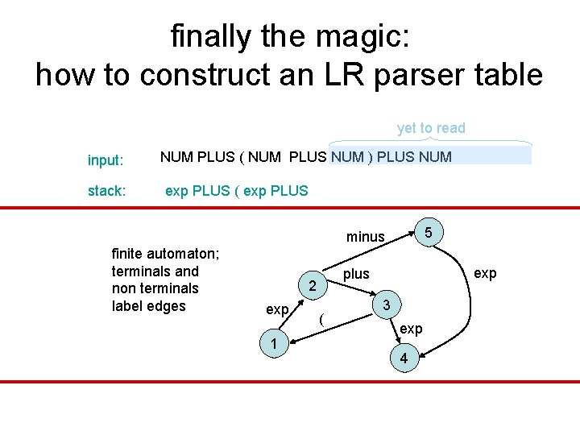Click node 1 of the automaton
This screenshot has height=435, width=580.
coord(275,344)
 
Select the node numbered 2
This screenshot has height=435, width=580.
coord(313,286)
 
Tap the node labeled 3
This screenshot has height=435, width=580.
coord(387,305)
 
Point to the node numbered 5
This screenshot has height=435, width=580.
coord(429,232)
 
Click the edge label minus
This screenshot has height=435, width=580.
coord(366,237)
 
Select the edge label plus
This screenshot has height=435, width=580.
coord(356,274)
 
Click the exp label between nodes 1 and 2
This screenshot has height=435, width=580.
coord(278,309)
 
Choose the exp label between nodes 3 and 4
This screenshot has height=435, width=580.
coord(411,329)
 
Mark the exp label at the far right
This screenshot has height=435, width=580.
coord(485,273)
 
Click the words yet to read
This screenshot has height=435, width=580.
coord(431,128)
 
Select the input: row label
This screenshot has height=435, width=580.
coord(106,160)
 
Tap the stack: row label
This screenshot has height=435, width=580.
coord(106,192)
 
